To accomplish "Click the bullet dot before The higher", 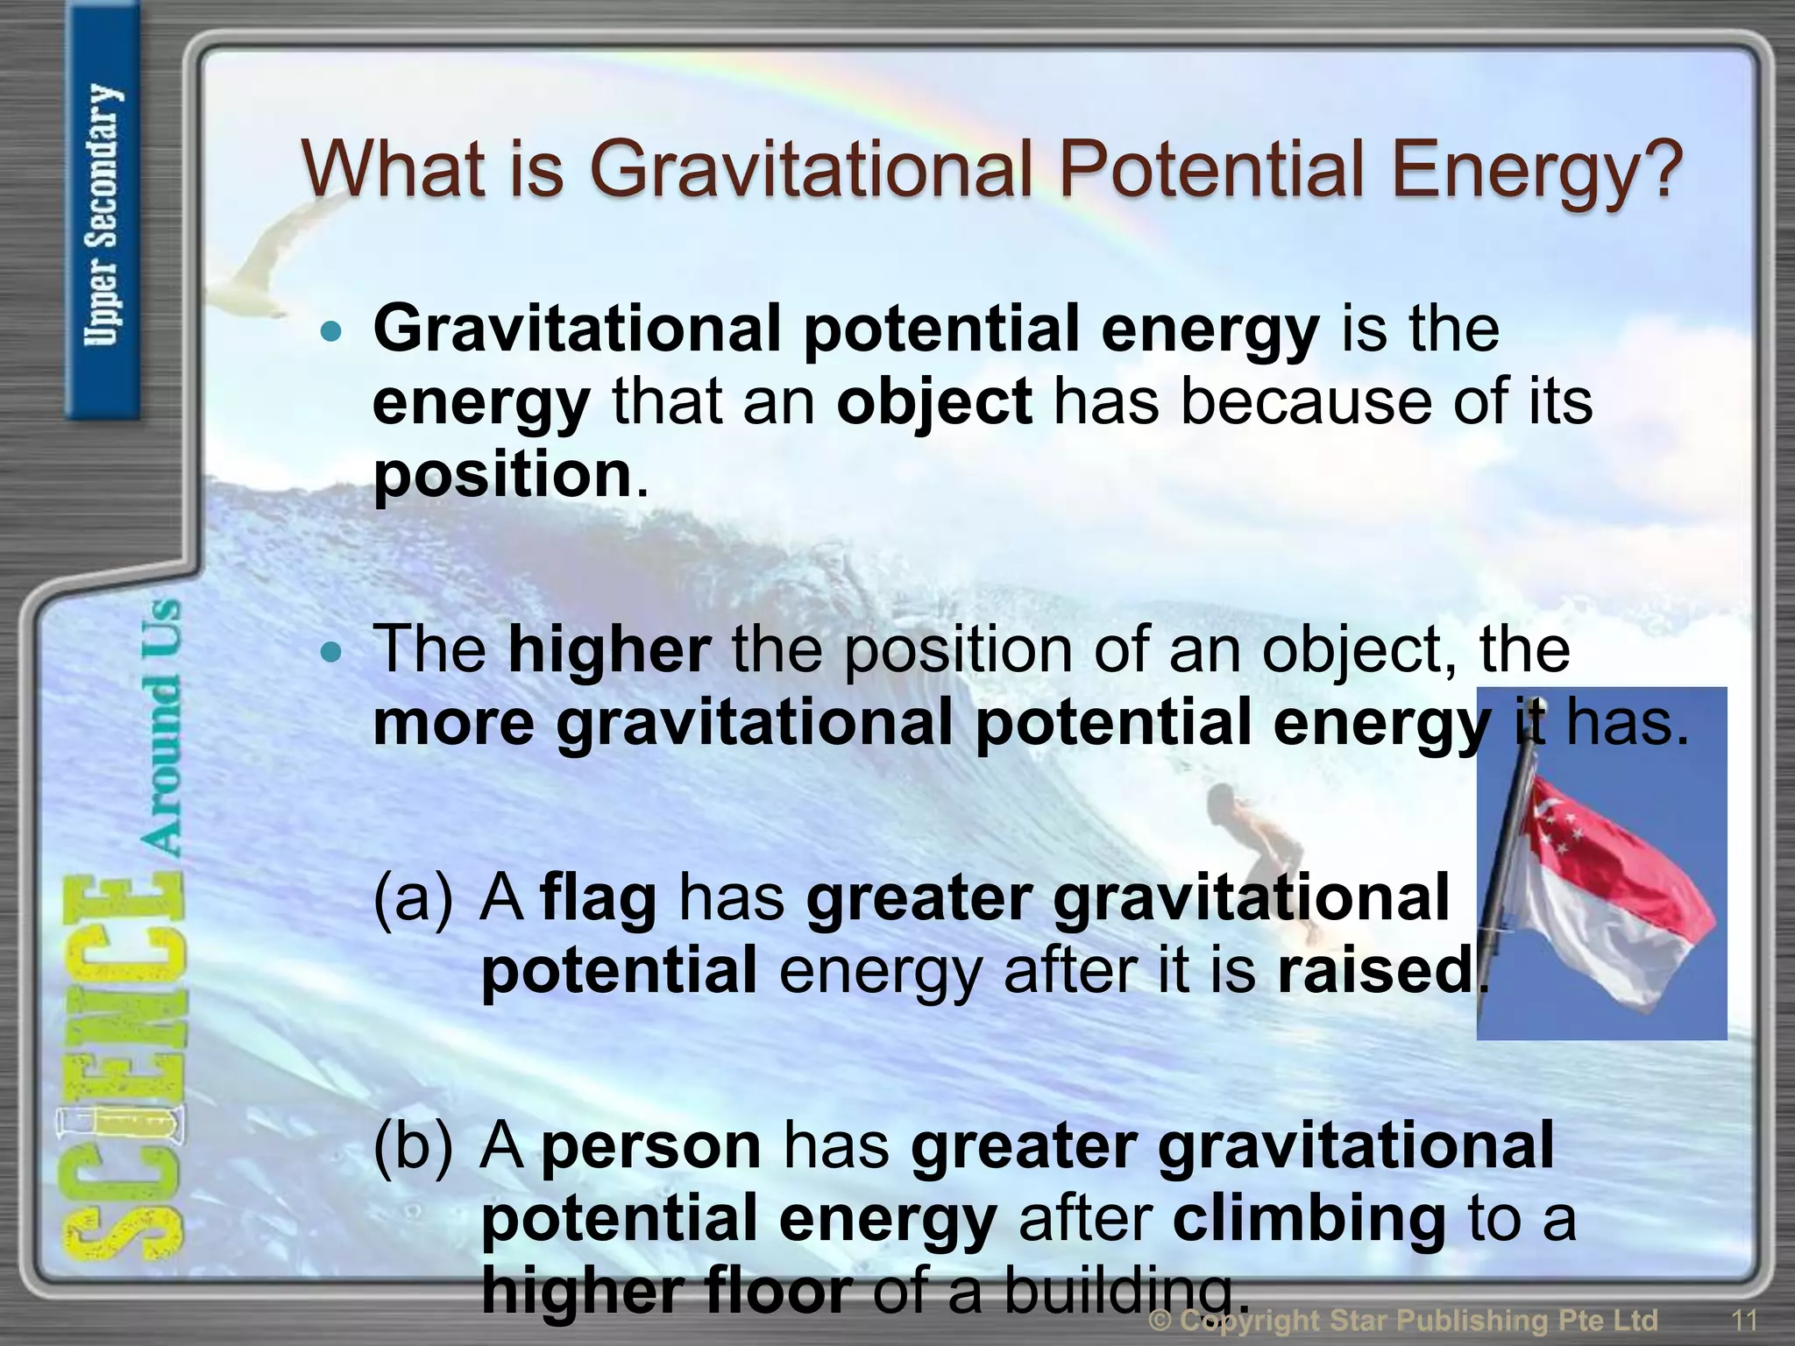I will (330, 652).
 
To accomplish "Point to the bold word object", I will (934, 403).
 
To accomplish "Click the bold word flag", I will (599, 899).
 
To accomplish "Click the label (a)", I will (414, 899).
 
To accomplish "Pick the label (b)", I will (414, 1146).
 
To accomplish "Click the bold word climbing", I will (1309, 1219).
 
